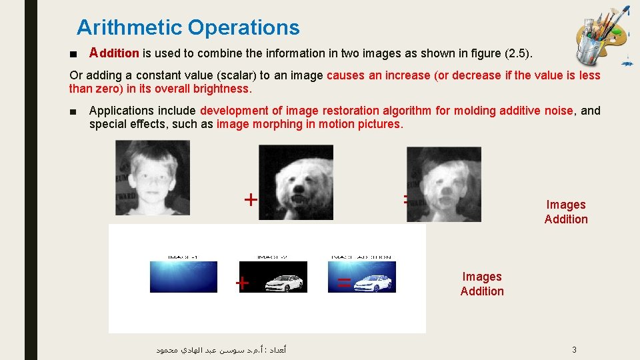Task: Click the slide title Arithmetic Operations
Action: tap(188, 28)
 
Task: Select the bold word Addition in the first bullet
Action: tap(114, 53)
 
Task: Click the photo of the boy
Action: tap(152, 177)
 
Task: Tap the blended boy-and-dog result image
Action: tap(443, 184)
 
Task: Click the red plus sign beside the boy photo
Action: tap(250, 199)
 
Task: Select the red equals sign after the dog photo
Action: tap(406, 198)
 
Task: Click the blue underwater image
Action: tap(183, 277)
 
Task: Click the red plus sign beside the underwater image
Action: tap(243, 283)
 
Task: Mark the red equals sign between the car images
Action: tap(344, 283)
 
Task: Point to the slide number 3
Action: tap(574, 350)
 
